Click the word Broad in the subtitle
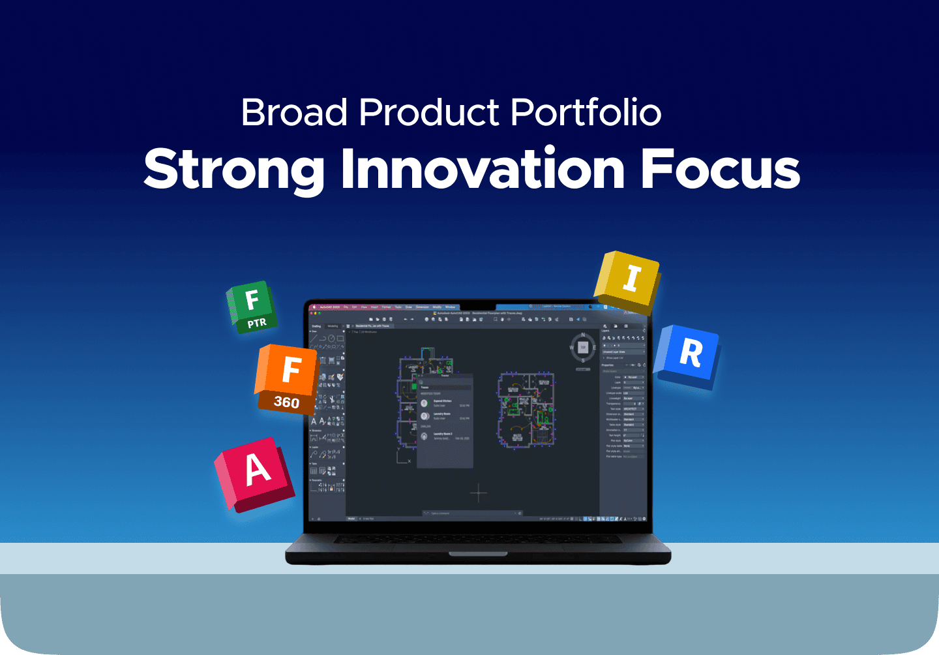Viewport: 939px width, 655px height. [294, 113]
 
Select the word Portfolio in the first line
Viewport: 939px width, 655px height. [586, 113]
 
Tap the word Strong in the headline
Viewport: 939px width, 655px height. [234, 169]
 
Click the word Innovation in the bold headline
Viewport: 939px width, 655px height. [483, 169]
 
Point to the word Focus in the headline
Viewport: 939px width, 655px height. [720, 169]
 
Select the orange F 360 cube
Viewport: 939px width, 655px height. [287, 378]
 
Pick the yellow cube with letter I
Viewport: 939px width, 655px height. [627, 281]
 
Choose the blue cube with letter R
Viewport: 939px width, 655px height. [689, 356]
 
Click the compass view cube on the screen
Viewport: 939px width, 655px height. [583, 348]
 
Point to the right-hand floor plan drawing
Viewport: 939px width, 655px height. [526, 411]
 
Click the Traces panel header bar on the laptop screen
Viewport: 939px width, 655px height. [445, 376]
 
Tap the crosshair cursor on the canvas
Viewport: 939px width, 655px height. [479, 493]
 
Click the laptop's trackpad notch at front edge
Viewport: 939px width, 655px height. [478, 555]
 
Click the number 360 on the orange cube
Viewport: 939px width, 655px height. [286, 403]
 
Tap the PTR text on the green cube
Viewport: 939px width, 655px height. [257, 323]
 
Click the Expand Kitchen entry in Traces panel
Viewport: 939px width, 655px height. [443, 403]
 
